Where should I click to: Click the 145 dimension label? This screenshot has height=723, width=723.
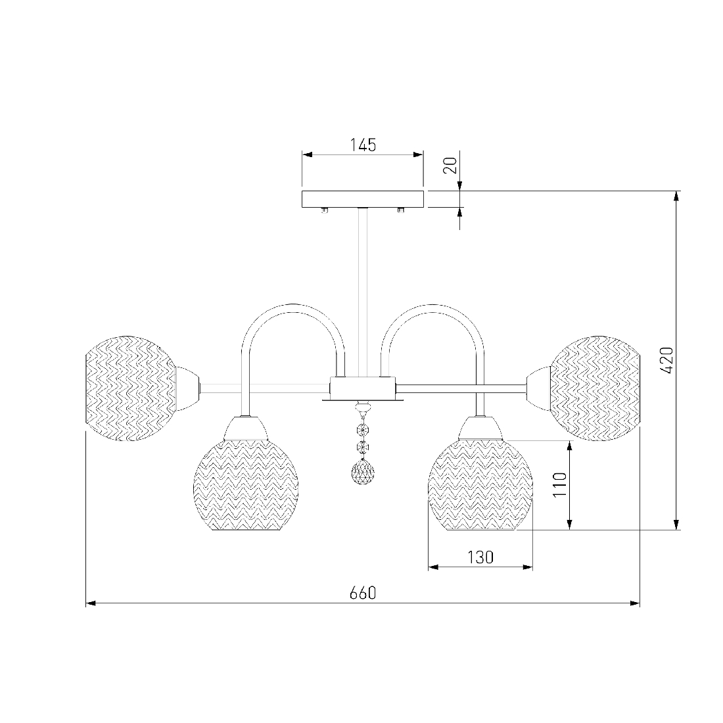(x=363, y=145)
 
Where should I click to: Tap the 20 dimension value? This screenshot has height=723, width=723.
(x=450, y=165)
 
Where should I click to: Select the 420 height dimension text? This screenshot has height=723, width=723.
(x=666, y=360)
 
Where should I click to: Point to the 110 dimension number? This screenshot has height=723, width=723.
(x=559, y=484)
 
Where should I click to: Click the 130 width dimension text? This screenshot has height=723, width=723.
(x=480, y=557)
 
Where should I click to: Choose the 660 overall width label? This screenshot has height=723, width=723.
(x=363, y=593)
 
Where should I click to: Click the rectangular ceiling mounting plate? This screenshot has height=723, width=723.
(x=363, y=199)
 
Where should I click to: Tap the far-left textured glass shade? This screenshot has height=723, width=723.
(x=131, y=388)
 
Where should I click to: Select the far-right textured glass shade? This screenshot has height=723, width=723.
(x=595, y=388)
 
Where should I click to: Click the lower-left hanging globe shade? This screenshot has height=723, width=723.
(x=245, y=484)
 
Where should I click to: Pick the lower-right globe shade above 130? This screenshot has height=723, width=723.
(x=480, y=484)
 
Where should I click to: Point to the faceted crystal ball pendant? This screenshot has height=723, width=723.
(x=363, y=472)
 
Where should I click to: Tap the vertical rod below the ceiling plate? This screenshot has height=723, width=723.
(x=363, y=292)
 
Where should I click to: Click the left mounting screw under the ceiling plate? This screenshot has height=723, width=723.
(x=325, y=210)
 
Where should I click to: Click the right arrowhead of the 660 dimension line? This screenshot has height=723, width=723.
(x=635, y=603)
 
